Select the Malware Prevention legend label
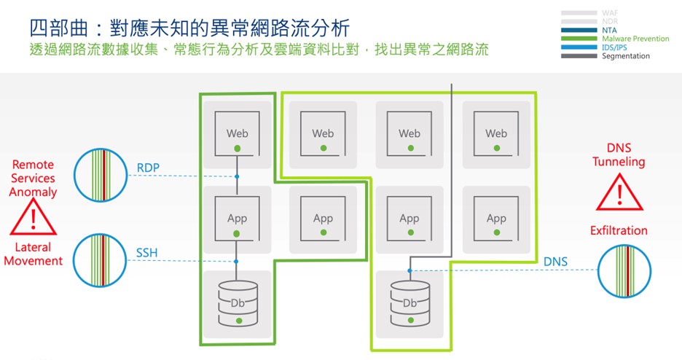(x=635, y=39)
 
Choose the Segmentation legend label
(x=626, y=56)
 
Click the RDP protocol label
(x=148, y=168)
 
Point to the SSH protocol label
(x=147, y=253)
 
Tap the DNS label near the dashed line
(x=555, y=262)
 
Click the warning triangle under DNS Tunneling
(x=619, y=194)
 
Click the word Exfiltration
(x=619, y=230)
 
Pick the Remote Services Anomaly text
(x=33, y=179)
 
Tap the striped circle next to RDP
(x=101, y=175)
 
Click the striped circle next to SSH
(x=101, y=259)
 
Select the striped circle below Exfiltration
(x=625, y=270)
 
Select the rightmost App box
(x=496, y=219)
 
